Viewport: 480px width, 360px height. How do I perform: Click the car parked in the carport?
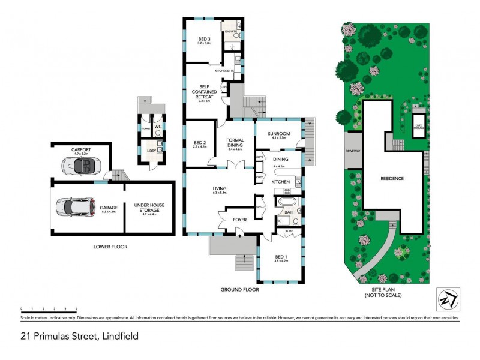(82, 164)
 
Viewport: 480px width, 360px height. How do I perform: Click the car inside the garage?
(74, 207)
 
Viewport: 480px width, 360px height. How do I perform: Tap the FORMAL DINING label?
(235, 144)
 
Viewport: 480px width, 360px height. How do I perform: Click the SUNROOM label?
(280, 135)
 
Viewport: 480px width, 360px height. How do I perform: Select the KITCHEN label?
(281, 181)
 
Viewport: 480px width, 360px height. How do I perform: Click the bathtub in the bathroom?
(286, 202)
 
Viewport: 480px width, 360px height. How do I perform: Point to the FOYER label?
(239, 220)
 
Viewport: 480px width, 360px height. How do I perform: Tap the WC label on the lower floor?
(157, 127)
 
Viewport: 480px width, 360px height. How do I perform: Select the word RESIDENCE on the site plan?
(392, 178)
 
